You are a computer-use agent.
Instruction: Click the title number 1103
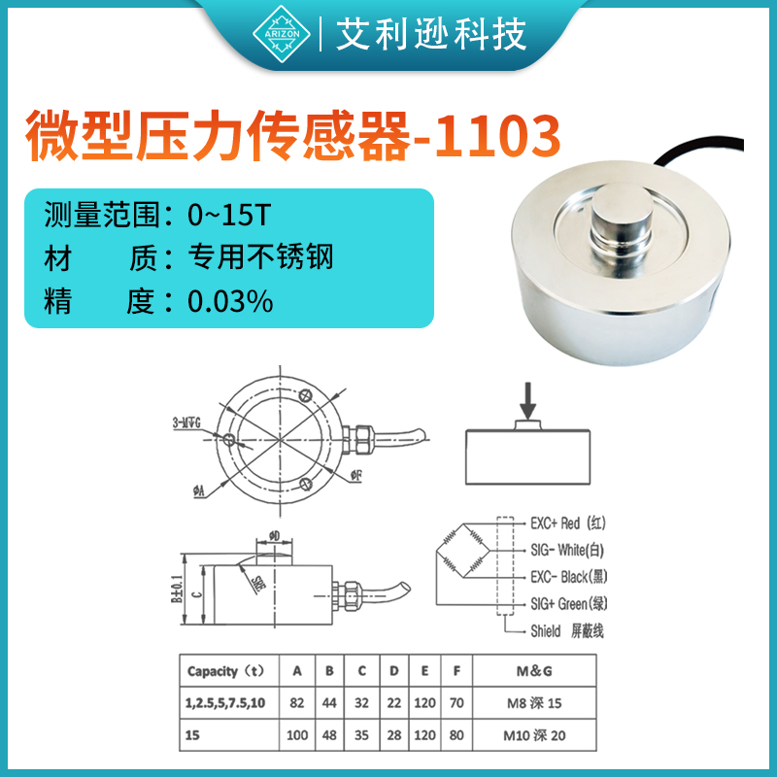500,138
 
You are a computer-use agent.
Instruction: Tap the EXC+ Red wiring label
568,524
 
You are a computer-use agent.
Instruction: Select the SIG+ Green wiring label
572,603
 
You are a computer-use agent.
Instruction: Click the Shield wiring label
567,631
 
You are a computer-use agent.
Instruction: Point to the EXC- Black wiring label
573,577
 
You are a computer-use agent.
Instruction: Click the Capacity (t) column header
225,671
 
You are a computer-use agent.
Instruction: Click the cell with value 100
297,735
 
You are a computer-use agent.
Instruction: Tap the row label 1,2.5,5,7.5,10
225,702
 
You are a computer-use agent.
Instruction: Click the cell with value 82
297,702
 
